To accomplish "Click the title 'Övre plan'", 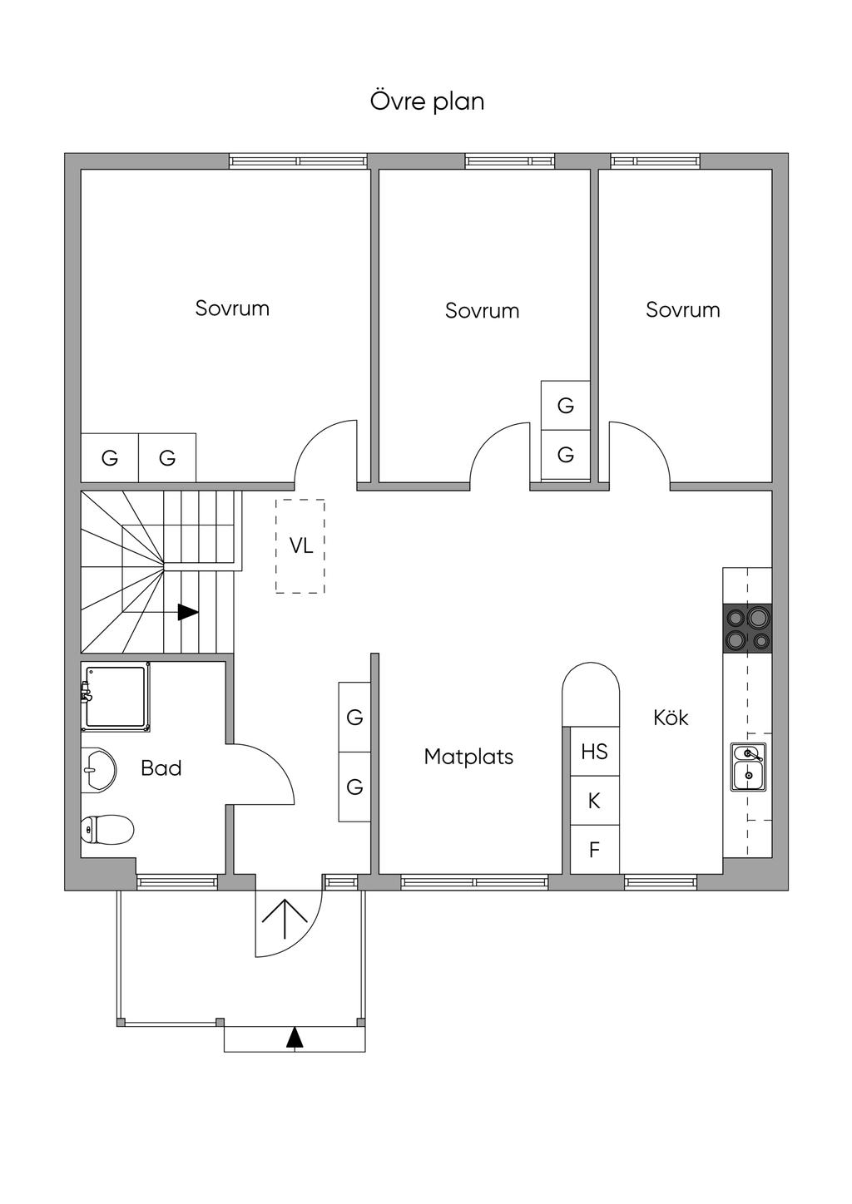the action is pyautogui.click(x=427, y=101).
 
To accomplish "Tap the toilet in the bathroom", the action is pyautogui.click(x=108, y=829).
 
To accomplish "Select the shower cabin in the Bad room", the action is pyautogui.click(x=116, y=697).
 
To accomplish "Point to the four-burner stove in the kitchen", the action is pyautogui.click(x=747, y=628).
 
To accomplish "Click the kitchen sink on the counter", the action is pyautogui.click(x=748, y=766).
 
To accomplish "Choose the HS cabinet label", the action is pyautogui.click(x=594, y=752).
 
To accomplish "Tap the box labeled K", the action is pyautogui.click(x=594, y=801).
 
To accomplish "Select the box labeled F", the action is pyautogui.click(x=594, y=850).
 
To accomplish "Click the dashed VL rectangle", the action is pyautogui.click(x=300, y=545).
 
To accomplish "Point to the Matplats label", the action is pyautogui.click(x=468, y=757).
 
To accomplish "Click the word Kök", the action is pyautogui.click(x=671, y=718).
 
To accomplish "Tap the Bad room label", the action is pyautogui.click(x=161, y=768).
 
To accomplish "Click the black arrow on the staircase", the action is pyautogui.click(x=188, y=612).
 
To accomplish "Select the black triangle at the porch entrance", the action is pyautogui.click(x=294, y=1038).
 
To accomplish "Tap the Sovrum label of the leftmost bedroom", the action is pyautogui.click(x=232, y=308).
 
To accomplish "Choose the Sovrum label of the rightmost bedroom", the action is pyautogui.click(x=682, y=310).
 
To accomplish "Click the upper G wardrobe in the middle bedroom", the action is pyautogui.click(x=566, y=406).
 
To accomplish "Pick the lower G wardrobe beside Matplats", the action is pyautogui.click(x=354, y=787).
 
